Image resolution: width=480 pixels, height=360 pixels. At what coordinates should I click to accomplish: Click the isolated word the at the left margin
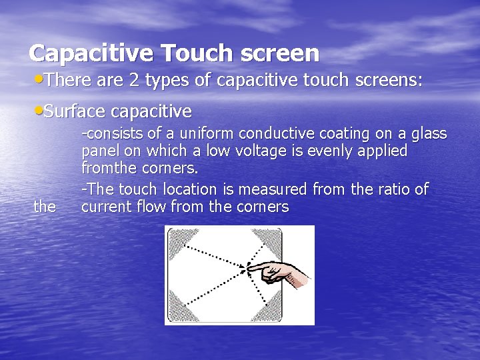(x=45, y=207)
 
